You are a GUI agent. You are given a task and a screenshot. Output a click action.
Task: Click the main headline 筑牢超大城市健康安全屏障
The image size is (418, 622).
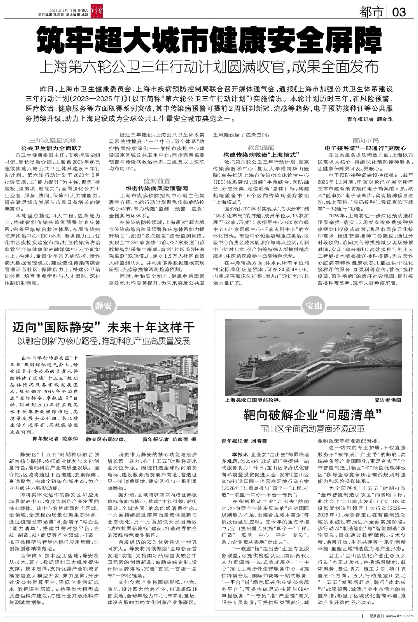[209, 40]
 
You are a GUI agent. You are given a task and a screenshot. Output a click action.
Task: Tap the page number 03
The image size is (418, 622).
[399, 12]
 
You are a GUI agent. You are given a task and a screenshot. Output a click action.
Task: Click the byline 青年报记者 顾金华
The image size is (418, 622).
[370, 119]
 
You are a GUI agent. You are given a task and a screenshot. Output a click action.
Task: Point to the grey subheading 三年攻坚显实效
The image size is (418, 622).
[52, 140]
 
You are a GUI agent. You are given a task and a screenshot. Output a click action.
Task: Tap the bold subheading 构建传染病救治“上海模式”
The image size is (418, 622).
[261, 155]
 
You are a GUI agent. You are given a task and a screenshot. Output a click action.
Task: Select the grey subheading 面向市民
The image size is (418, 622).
[366, 140]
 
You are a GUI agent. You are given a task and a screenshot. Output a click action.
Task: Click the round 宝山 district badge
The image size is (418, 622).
[313, 306]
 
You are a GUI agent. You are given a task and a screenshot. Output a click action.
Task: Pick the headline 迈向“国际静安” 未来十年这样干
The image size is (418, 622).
[103, 327]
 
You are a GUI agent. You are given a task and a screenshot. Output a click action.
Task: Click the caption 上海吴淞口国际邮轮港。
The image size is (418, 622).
[253, 400]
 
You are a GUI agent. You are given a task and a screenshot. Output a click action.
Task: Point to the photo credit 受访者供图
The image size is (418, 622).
[388, 400]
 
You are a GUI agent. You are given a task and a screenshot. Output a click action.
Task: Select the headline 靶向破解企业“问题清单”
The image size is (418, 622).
[313, 415]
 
